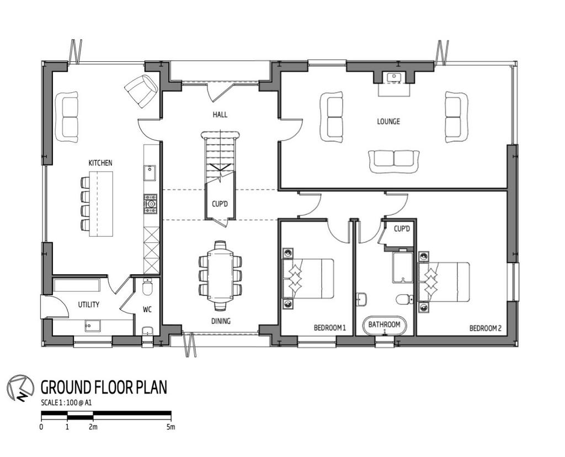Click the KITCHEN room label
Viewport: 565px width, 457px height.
point(100,163)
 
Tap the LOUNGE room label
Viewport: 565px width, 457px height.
point(388,121)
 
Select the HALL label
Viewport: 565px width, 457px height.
point(220,115)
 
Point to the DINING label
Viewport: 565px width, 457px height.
point(221,321)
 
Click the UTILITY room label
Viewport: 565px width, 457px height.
point(89,305)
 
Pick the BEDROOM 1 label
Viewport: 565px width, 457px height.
point(330,328)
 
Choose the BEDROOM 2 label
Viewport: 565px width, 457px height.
point(486,328)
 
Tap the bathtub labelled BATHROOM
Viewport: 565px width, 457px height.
point(384,326)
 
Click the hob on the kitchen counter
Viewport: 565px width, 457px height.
point(151,204)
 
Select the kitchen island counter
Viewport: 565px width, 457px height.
point(101,204)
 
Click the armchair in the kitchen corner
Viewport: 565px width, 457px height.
point(141,91)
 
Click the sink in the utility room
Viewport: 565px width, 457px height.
point(93,326)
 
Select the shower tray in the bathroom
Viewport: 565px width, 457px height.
point(402,268)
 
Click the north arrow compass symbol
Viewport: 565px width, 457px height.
point(20,387)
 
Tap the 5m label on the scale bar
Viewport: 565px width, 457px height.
point(171,427)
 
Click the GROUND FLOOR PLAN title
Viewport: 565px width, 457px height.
point(104,387)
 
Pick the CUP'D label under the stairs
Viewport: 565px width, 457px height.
point(220,204)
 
